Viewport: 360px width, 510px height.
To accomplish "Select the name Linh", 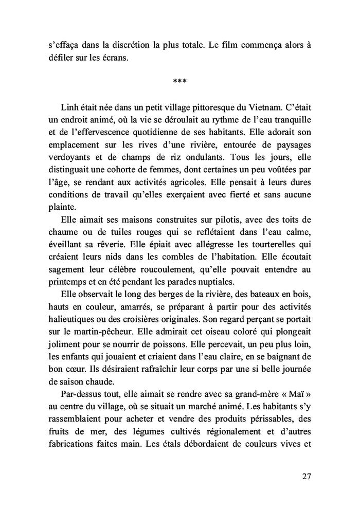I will pos(70,107).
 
